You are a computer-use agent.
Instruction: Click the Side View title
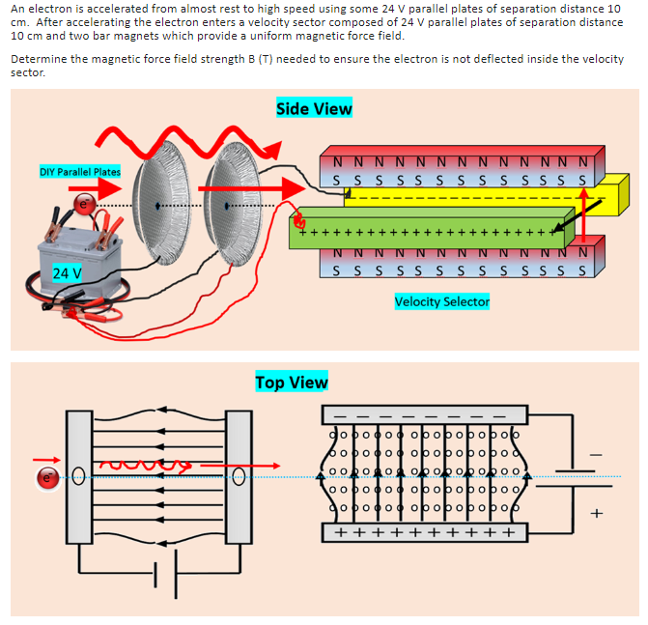click(314, 108)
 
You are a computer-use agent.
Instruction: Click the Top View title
click(291, 383)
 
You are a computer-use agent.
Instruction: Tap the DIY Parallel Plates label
click(80, 172)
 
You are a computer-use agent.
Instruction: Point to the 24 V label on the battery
click(67, 273)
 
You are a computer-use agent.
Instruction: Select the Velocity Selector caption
click(442, 301)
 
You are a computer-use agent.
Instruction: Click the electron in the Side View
click(83, 204)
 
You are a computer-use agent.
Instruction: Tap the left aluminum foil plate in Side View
click(160, 206)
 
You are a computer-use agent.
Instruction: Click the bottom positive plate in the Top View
click(424, 533)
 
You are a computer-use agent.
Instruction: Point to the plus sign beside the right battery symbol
click(595, 513)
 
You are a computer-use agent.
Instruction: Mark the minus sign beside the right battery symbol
click(595, 452)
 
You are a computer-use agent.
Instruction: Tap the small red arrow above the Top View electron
click(44, 460)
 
